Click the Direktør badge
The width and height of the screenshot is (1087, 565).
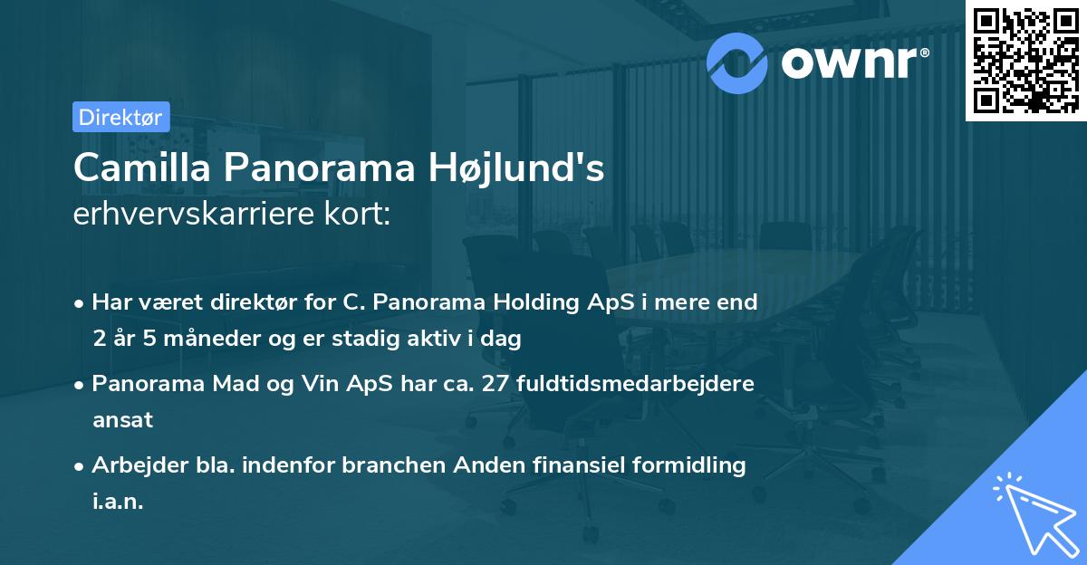120,117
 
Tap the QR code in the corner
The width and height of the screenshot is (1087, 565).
1024,60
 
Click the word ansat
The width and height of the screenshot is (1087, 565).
122,420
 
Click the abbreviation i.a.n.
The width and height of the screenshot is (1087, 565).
118,502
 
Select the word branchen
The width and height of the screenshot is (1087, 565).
378,465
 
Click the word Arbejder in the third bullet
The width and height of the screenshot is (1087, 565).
135,465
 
